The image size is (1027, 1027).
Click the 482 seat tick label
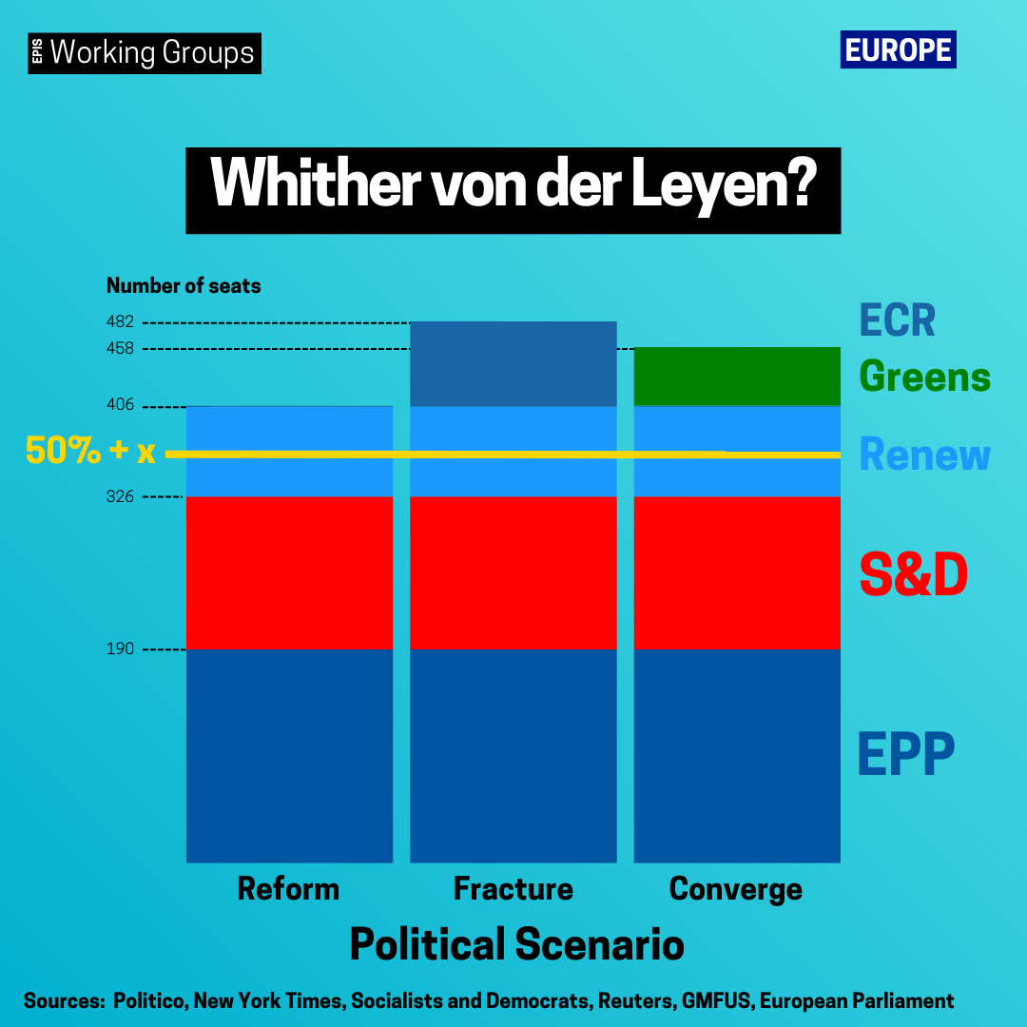point(120,321)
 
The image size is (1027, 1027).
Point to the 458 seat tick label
point(120,348)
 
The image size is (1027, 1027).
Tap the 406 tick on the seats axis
point(120,405)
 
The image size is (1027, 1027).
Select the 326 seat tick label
point(120,496)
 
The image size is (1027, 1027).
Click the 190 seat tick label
point(120,649)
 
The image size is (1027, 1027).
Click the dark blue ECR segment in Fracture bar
point(513,364)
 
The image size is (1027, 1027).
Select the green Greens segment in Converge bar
point(737,377)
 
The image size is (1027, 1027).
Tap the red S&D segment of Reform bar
point(289,573)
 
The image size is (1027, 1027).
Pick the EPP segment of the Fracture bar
point(513,756)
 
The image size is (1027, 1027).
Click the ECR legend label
point(898,320)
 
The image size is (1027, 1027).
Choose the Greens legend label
point(925,378)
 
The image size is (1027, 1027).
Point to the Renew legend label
point(925,455)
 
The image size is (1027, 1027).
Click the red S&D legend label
point(914,574)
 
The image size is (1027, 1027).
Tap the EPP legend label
point(906,754)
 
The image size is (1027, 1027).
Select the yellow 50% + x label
point(90,451)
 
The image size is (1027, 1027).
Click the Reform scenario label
point(288,889)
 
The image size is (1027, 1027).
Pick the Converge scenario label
point(735,890)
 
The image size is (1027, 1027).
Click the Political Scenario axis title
point(516,944)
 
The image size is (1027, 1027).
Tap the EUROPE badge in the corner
point(898,49)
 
